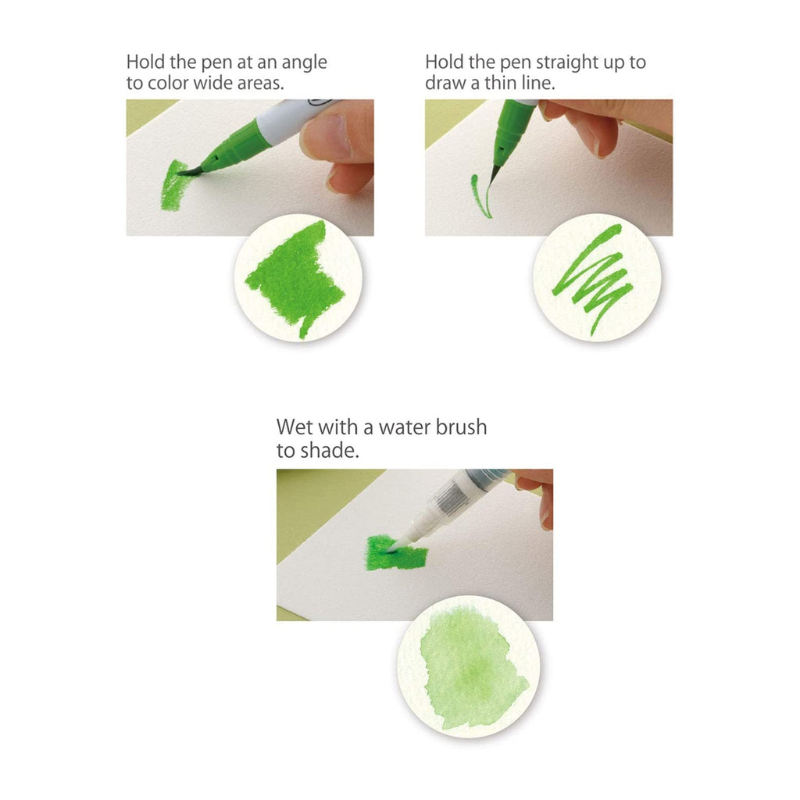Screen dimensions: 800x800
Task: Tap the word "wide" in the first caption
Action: [216, 83]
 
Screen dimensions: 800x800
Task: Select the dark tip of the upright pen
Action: [495, 173]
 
